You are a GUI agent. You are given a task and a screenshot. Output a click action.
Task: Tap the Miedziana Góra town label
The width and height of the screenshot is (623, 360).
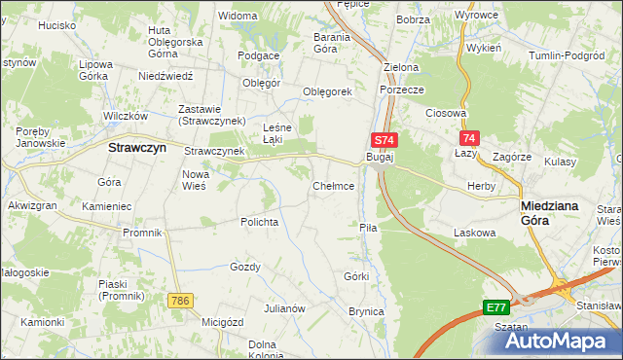point(551,213)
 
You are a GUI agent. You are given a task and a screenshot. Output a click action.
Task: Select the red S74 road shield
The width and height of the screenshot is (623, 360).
point(383,140)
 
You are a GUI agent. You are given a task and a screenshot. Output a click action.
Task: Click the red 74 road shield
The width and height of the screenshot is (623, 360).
point(470,139)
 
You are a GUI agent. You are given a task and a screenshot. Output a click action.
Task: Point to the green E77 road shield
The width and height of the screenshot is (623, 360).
point(495,306)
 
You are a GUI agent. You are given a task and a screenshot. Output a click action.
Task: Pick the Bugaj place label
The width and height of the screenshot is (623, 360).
point(379,157)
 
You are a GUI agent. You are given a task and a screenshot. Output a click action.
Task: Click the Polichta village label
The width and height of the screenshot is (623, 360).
point(260,222)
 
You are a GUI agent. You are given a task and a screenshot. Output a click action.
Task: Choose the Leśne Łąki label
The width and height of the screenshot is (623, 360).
point(279,132)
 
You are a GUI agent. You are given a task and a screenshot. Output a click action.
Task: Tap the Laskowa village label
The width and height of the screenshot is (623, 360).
point(475,233)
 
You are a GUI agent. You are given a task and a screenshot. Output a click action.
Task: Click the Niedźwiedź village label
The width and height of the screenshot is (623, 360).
point(167,75)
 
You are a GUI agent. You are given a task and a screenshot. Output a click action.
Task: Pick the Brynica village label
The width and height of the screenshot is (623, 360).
point(366,311)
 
